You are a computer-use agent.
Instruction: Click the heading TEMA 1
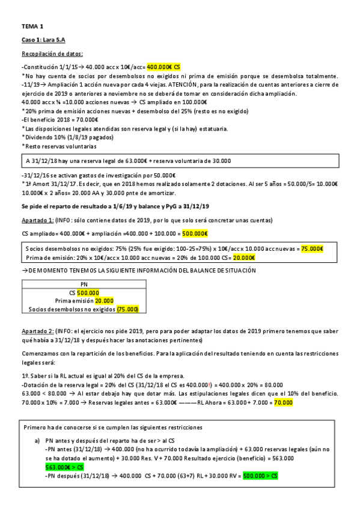click(x=32, y=26)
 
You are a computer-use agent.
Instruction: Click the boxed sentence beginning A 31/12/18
click(x=128, y=161)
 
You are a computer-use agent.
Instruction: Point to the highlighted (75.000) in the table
click(x=128, y=309)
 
